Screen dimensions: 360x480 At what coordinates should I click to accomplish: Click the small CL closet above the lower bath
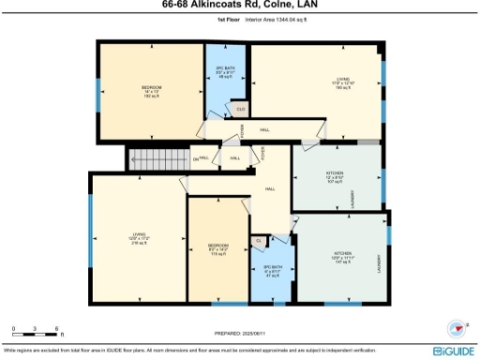tap(259, 241)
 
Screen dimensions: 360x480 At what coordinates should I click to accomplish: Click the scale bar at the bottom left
tap(36, 329)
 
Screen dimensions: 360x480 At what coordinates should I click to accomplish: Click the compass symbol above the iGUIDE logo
tap(458, 329)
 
